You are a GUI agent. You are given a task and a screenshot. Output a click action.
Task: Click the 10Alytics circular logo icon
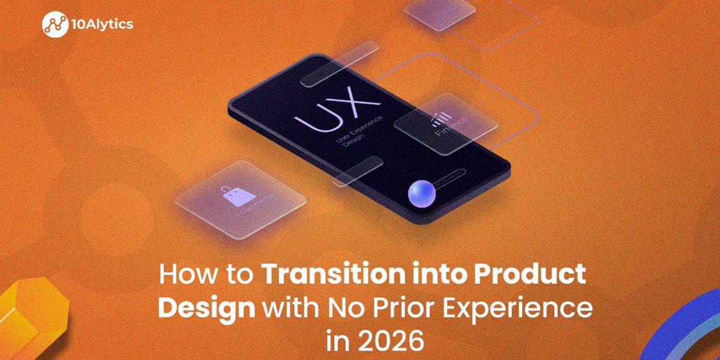point(55,25)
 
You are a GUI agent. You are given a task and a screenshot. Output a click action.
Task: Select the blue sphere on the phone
point(421,194)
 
